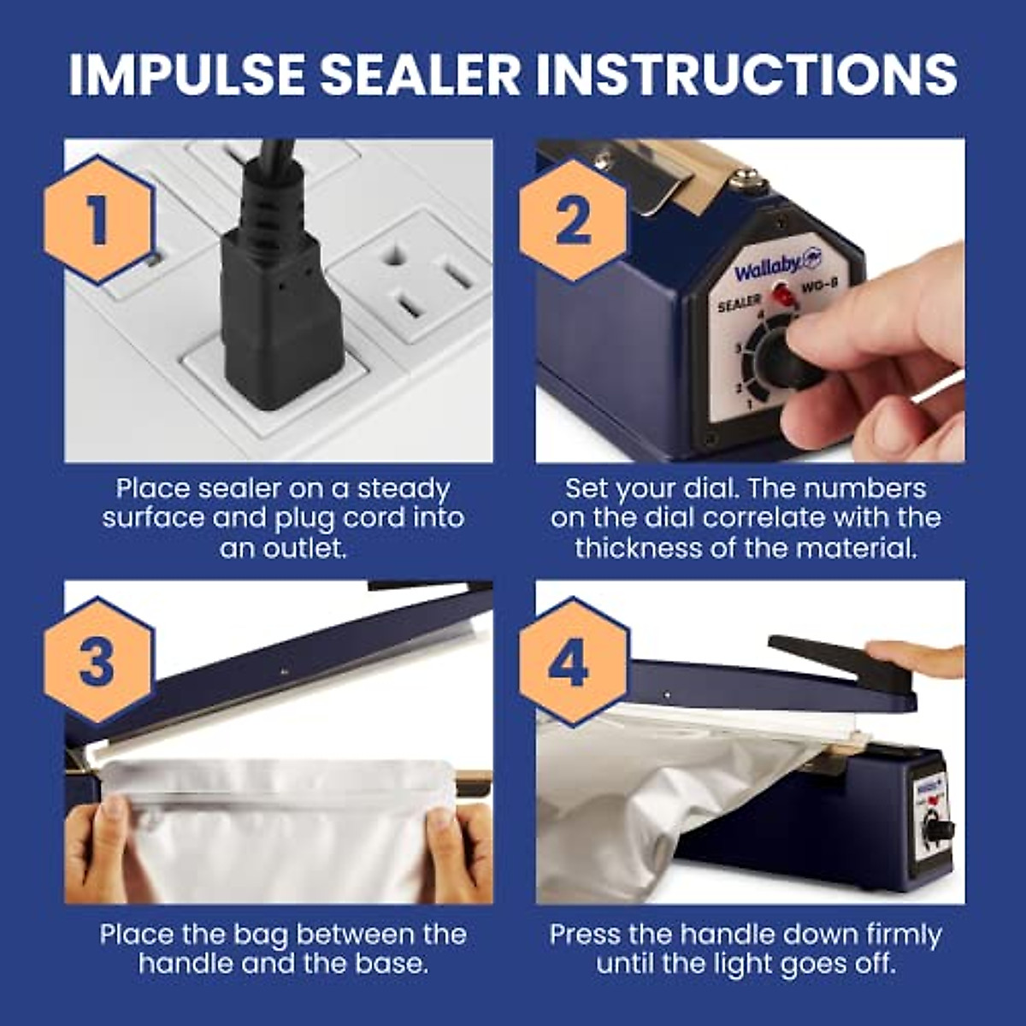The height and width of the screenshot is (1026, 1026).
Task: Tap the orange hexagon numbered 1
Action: point(98,221)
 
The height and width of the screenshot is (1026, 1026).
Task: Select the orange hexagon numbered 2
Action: point(572,221)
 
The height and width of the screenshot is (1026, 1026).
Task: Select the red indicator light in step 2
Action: point(781,296)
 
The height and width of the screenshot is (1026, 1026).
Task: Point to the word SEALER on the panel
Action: point(738,304)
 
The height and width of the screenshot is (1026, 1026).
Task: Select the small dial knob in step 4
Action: point(937,829)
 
